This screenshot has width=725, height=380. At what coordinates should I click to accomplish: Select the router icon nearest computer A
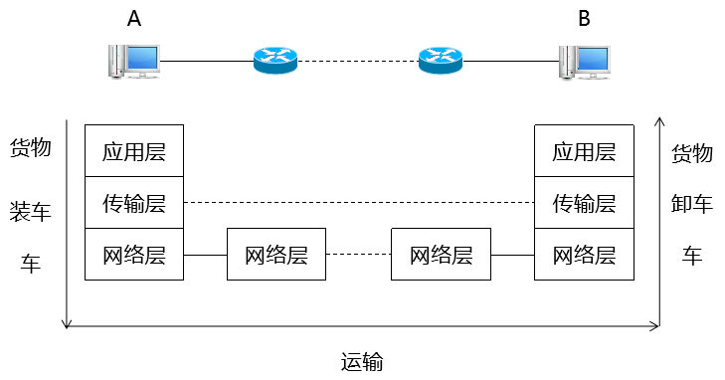(274, 61)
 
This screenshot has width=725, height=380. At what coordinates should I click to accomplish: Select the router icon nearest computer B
(440, 61)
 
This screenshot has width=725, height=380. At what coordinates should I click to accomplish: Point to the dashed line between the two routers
(357, 62)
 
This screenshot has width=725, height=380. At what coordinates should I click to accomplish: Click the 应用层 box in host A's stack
(134, 151)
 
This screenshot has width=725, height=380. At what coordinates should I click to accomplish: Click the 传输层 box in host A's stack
(134, 203)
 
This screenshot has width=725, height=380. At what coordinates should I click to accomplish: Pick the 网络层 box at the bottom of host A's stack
(134, 254)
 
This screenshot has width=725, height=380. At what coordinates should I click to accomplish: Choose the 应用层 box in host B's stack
(584, 151)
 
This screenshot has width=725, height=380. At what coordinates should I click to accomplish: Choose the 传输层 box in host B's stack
(584, 203)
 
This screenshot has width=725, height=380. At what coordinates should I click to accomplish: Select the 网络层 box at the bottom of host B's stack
(584, 254)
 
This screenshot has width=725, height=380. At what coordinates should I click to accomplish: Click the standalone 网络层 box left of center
(276, 255)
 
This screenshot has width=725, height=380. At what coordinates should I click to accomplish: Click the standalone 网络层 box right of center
(441, 255)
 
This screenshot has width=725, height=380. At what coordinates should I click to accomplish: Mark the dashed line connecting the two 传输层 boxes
(358, 203)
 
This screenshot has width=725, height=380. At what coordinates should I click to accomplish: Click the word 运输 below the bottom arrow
(361, 359)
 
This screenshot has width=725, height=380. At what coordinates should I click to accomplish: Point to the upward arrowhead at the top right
(659, 122)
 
